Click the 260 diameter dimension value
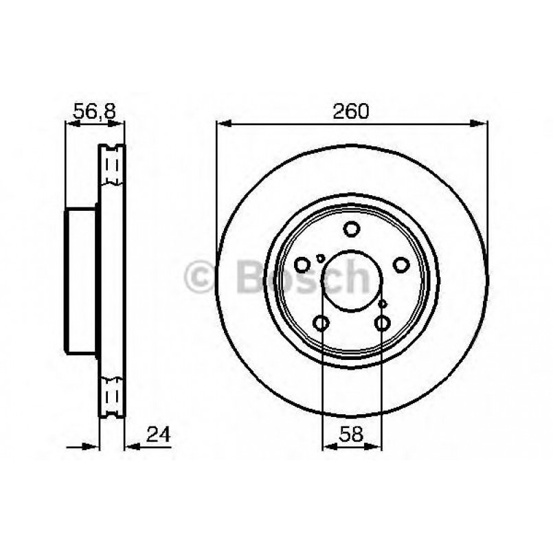[x=352, y=111]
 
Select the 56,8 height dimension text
[x=94, y=111]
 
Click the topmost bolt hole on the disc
[x=352, y=229]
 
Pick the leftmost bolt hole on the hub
[x=302, y=264]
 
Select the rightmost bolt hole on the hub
[x=401, y=264]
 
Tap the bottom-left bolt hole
[x=321, y=322]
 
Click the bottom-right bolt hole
[x=382, y=322]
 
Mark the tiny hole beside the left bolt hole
[x=320, y=258]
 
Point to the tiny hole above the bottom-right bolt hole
[x=383, y=303]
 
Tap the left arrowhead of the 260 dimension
[x=222, y=124]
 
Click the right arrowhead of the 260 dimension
[x=482, y=124]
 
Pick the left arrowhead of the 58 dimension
[x=327, y=446]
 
